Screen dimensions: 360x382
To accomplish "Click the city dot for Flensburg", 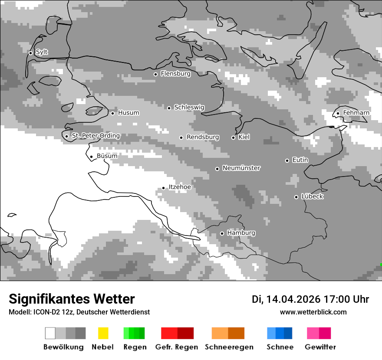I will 155,74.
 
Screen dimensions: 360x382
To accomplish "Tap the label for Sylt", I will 42,52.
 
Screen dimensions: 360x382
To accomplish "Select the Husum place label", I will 128,113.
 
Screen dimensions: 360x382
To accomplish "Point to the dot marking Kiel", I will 233,137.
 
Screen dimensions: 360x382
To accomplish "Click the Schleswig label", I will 189,108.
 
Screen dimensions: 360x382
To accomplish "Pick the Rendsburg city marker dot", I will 181,137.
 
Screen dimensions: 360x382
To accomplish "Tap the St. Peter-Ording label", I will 95,136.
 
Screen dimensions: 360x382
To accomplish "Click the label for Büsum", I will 107,156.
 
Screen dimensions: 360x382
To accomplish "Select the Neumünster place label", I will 241,168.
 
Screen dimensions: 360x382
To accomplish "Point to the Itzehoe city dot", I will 163,188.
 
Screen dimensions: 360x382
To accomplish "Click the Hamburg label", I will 241,233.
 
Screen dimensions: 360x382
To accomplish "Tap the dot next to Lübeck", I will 296,197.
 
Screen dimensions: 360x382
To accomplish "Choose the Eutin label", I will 300,160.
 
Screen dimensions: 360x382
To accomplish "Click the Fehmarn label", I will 356,113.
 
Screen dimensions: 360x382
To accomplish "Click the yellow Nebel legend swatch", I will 103,333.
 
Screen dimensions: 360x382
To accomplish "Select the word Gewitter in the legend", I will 320,347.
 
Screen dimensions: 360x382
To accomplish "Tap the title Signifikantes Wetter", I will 72,299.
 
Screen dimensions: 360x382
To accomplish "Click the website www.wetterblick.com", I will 313,312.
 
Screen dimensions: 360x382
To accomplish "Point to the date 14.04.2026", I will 293,299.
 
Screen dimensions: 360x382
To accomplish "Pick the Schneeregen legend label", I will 229,347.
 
